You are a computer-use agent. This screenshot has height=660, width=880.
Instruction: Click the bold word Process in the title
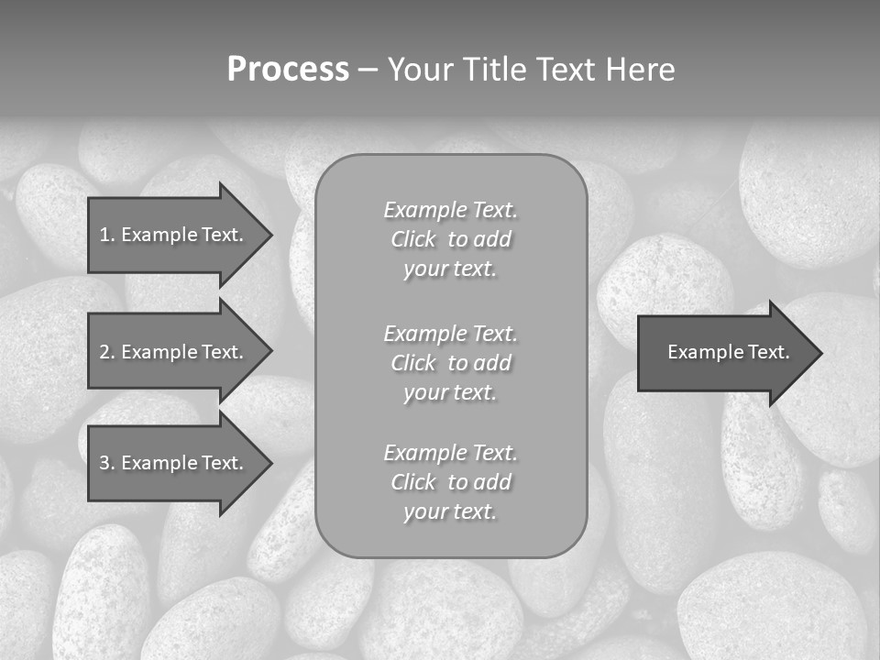(288, 70)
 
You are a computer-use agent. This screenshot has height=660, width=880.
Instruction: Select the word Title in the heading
(493, 70)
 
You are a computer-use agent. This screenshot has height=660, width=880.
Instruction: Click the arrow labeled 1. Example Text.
(172, 235)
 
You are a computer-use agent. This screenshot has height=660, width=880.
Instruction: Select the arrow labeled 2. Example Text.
(172, 352)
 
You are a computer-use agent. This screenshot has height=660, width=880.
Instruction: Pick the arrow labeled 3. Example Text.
(172, 463)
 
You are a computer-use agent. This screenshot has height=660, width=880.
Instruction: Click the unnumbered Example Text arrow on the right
(728, 352)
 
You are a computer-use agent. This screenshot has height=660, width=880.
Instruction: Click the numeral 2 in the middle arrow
(104, 352)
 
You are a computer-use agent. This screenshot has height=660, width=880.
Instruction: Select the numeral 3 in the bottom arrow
(104, 463)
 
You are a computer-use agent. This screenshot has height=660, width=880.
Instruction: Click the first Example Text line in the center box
(450, 210)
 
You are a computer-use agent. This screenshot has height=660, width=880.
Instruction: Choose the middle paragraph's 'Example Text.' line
(450, 333)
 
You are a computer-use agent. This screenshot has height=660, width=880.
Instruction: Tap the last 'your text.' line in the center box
(450, 512)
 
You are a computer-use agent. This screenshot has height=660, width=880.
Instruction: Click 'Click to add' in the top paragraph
(450, 239)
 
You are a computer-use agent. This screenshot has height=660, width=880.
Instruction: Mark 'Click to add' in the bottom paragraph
(450, 482)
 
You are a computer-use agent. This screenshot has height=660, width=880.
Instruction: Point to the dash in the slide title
(368, 71)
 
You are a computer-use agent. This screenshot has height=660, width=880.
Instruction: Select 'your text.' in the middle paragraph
(450, 392)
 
